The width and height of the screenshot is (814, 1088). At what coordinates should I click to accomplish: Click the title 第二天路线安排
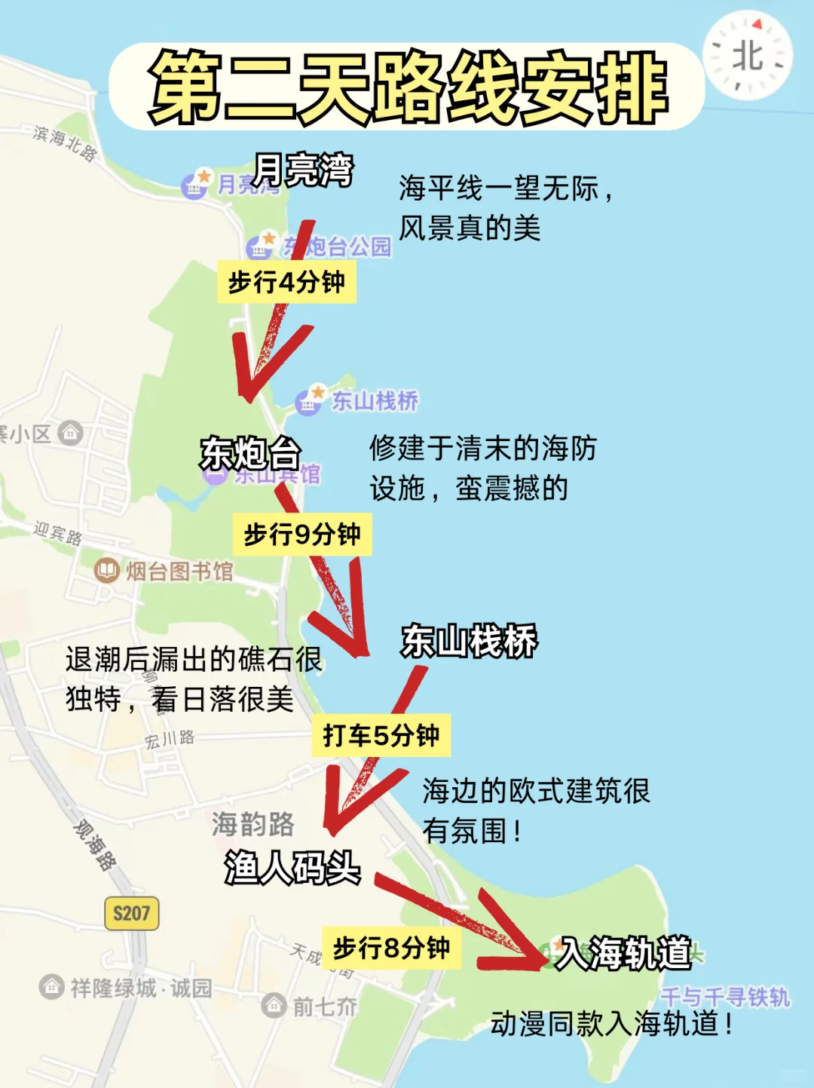407,87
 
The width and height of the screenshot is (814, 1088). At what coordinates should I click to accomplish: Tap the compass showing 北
748,56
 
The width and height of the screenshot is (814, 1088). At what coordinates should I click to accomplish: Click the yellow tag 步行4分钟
286,282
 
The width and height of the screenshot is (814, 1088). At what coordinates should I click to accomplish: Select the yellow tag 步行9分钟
302,535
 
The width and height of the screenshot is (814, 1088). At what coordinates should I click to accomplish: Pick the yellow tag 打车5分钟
381,735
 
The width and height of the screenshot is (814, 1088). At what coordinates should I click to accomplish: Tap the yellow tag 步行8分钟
391,948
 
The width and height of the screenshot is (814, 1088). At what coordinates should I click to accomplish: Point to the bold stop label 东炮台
250,453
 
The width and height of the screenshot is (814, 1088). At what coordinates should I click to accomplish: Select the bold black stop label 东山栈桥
469,642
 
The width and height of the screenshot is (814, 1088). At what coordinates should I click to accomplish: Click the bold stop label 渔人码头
292,867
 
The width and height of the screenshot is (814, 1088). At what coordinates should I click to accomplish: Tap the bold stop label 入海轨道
623,953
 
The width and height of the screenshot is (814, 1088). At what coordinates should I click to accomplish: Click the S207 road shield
131,914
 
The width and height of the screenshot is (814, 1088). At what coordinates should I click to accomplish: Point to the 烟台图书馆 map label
179,572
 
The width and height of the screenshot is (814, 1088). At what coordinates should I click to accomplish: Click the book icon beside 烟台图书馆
107,571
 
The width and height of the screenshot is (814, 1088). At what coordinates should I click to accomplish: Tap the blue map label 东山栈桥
375,401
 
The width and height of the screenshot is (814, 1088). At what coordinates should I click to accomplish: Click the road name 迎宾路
57,532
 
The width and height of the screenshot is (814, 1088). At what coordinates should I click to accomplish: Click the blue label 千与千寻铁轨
725,998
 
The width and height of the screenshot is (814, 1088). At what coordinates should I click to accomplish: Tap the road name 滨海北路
66,142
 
